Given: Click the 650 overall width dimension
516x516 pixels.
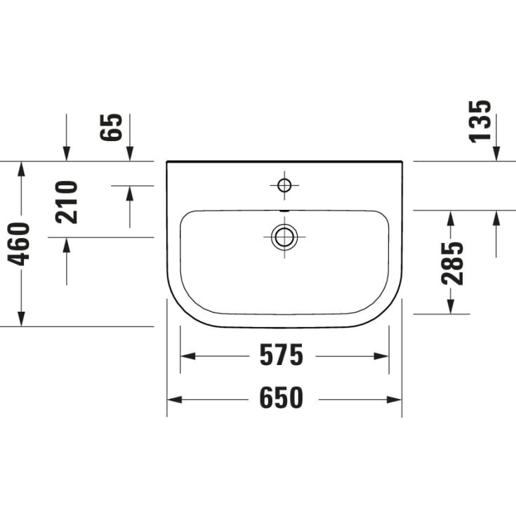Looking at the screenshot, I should tap(282, 399).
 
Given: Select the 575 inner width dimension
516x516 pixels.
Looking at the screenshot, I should tap(282, 356).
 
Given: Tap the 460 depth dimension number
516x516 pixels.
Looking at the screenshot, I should tap(20, 244).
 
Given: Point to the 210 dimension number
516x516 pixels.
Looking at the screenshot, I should tap(67, 202).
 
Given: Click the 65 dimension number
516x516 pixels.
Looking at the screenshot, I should tap(112, 128).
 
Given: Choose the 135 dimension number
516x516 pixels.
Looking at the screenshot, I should tap(481, 121).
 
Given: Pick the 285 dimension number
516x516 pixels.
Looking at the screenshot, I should tap(453, 263).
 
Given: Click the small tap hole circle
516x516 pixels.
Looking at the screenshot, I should tap(284, 185).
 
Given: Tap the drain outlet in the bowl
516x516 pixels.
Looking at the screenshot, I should tap(284, 237).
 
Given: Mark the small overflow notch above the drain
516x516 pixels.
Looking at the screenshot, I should tap(284, 211).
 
